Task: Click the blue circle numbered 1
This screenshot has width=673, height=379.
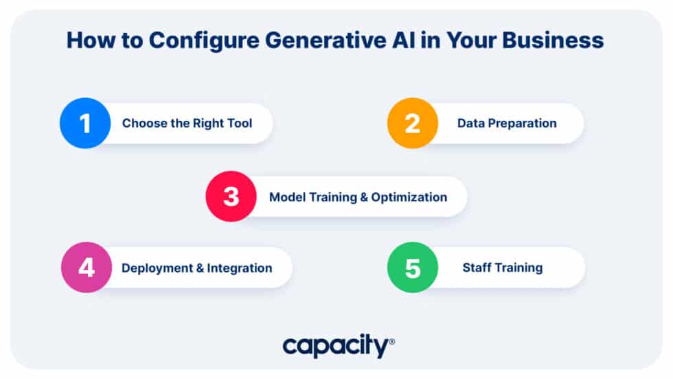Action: (85, 124)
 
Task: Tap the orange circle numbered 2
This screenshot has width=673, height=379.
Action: (412, 124)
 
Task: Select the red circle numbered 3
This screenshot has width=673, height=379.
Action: (231, 196)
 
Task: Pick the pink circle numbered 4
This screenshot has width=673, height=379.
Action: (87, 267)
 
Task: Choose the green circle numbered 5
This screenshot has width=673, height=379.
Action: (413, 267)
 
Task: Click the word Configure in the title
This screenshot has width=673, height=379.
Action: (198, 41)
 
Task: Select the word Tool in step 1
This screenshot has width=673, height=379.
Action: (240, 124)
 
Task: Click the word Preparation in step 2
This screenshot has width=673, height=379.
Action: (521, 124)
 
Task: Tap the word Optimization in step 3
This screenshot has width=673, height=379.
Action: (409, 197)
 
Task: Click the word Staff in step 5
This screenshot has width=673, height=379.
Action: (476, 267)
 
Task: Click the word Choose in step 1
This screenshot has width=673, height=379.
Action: (142, 124)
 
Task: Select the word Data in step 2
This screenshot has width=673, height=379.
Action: (470, 124)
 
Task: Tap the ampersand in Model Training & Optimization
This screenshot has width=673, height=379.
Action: (364, 197)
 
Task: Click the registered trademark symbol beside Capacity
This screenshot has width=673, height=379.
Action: (391, 341)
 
